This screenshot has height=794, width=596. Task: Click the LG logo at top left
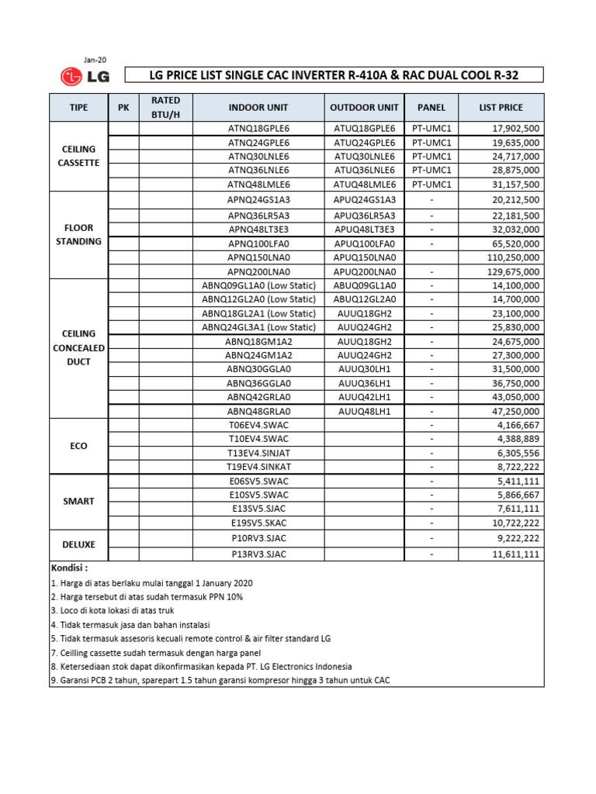[85, 76]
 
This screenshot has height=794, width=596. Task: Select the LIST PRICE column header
[501, 108]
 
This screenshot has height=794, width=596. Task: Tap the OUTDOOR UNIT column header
[364, 108]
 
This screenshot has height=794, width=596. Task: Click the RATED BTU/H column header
[165, 108]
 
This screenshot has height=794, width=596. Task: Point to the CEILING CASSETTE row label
[78, 156]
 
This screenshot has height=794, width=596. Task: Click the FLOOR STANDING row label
[78, 234]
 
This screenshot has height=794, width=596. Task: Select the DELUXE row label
[78, 545]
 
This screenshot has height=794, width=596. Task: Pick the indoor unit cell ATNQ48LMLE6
[258, 185]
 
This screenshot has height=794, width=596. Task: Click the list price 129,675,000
[511, 271]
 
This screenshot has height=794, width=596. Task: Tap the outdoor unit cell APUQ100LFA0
[364, 243]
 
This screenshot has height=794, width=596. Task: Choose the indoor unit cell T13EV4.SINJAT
[258, 453]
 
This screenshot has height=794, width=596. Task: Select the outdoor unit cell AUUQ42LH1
[364, 396]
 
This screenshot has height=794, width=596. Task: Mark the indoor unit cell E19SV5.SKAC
[258, 523]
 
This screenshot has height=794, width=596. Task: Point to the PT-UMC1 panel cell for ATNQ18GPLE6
[431, 128]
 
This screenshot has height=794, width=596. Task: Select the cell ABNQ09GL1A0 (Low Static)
[258, 285]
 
